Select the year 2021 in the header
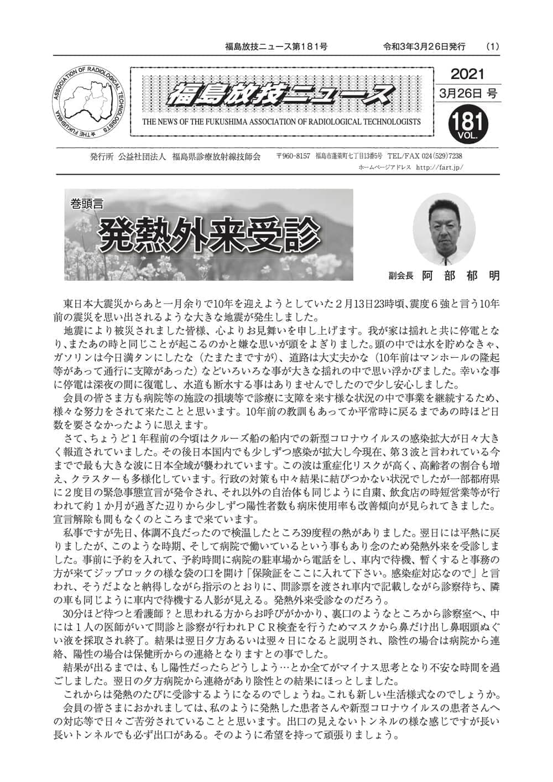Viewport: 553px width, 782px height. point(467,74)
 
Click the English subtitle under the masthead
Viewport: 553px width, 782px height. point(281,122)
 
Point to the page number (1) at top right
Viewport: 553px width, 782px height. point(492,46)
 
